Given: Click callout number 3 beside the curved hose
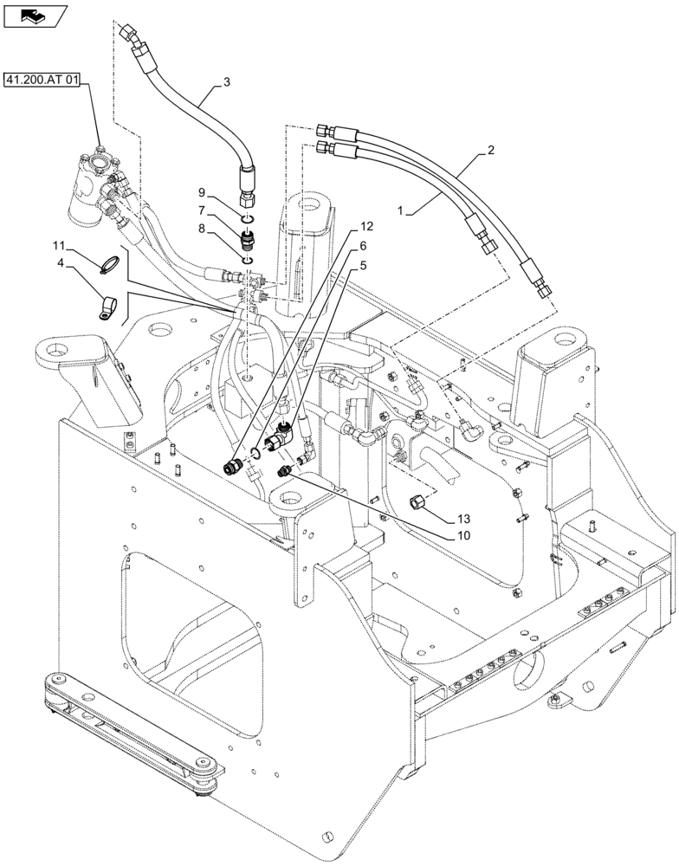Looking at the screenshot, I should (x=226, y=82).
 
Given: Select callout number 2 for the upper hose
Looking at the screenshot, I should (x=515, y=150).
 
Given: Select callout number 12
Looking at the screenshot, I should (x=367, y=226).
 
